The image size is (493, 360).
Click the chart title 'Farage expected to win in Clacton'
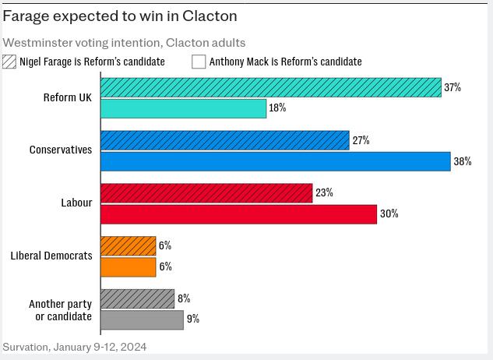[120, 16]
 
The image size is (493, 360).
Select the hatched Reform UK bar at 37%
[271, 87]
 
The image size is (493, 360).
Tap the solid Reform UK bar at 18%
[184, 108]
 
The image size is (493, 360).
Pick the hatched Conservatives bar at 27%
[225, 140]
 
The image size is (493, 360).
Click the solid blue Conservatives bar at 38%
[276, 161]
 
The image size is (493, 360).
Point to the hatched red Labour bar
[206, 192]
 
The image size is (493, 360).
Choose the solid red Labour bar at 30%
[239, 214]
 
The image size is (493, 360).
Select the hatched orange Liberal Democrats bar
[129, 245]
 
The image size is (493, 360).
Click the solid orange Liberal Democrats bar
[129, 266]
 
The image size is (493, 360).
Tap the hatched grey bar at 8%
[138, 298]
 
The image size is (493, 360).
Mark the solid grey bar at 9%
[143, 319]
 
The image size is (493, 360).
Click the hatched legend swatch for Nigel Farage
[9, 62]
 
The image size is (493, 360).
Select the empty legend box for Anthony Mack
[199, 62]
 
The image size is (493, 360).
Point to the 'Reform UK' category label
[68, 97]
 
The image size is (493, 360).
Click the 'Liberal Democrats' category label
[51, 256]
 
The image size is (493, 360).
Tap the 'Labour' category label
[76, 203]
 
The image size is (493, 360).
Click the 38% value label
[463, 161]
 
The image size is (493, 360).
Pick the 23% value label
[324, 192]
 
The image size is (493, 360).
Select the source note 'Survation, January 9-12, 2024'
[75, 347]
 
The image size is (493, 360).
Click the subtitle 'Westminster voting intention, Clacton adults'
[124, 43]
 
